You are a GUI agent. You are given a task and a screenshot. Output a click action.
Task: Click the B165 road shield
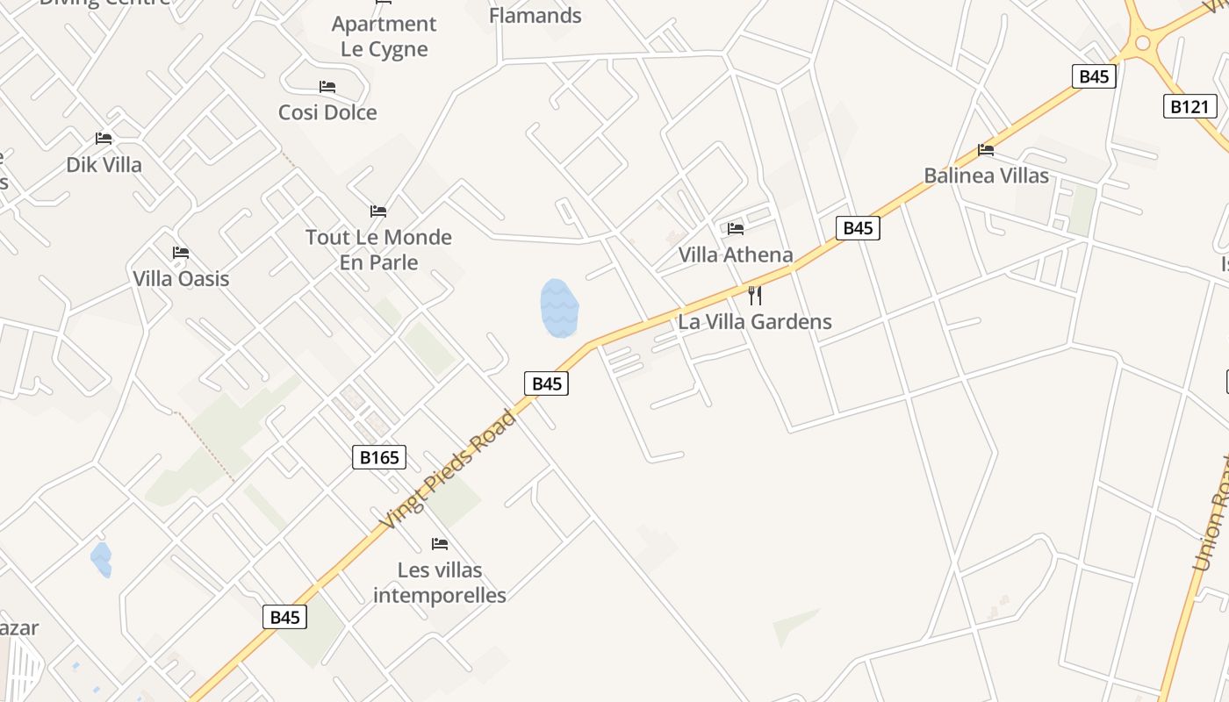point(379,457)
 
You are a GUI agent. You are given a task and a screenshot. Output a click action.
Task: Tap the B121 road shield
point(1190,107)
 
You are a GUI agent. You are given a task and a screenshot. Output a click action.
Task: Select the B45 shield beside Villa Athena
point(857,228)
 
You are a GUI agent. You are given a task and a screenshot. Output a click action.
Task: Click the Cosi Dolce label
point(327,112)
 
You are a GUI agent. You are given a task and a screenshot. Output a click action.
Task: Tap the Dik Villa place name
point(104,164)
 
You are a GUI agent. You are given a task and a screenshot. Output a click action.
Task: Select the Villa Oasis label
point(181,278)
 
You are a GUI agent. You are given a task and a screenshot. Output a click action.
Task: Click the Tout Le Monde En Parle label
point(378,249)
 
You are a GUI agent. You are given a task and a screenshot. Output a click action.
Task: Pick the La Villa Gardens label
point(754,321)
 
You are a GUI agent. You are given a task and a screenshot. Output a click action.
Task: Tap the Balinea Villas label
point(986,175)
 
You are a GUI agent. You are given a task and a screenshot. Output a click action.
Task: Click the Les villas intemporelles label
point(440,583)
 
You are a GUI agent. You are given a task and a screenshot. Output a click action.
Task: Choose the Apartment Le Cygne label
point(384,36)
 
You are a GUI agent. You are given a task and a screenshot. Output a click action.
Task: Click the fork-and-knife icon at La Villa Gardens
point(754,295)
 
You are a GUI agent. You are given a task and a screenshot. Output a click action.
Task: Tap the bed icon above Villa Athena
point(736,229)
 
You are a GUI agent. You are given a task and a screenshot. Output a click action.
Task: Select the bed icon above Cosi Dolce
point(327,87)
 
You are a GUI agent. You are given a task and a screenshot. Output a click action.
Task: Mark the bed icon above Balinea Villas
point(986,150)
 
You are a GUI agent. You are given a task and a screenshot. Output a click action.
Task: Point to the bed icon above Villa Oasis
point(181,253)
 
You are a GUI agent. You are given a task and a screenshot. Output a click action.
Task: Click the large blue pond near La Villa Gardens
point(559,308)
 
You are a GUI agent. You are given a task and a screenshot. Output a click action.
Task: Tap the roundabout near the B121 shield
point(1142,42)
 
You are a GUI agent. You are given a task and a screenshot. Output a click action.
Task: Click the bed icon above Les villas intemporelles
point(440,544)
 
